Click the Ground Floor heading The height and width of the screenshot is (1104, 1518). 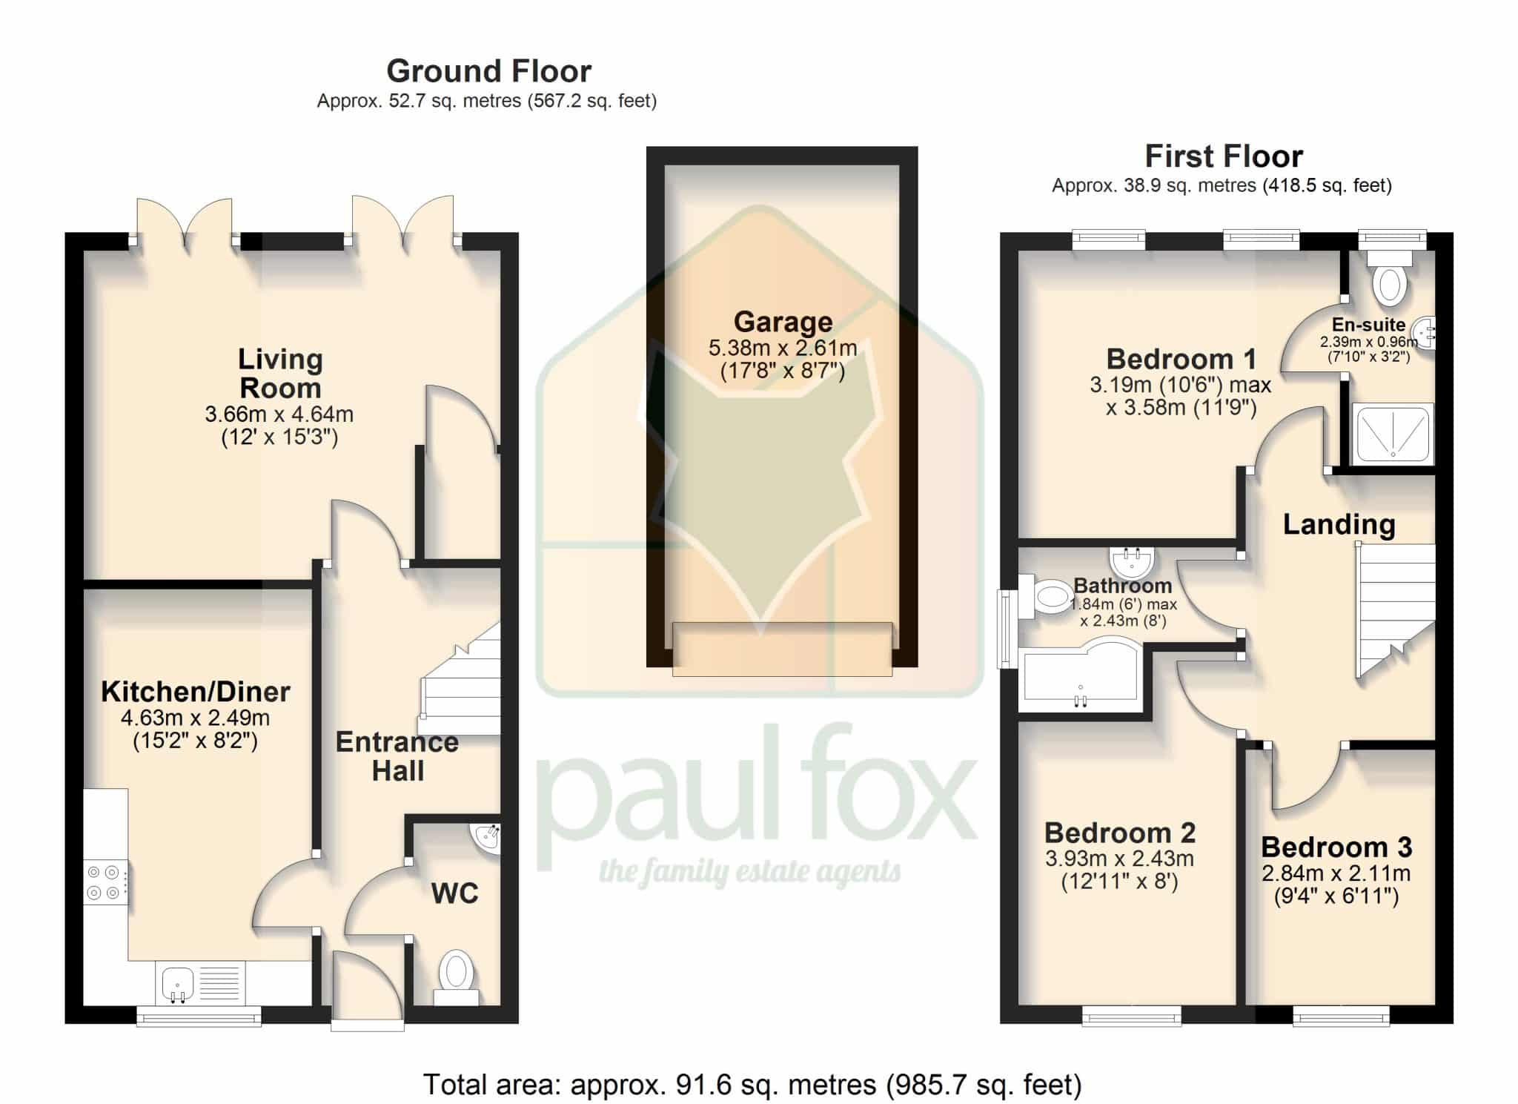(x=488, y=71)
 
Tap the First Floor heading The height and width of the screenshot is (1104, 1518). (x=1223, y=156)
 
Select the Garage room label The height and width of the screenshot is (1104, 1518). (x=783, y=322)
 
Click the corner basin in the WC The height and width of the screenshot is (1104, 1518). (x=487, y=839)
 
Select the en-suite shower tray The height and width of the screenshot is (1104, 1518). (x=1393, y=434)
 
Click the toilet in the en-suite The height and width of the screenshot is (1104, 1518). (x=1390, y=278)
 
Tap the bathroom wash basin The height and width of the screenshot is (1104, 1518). (x=1130, y=562)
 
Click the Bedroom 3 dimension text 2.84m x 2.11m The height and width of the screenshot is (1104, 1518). (x=1336, y=873)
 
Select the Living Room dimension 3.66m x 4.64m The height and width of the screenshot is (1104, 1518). (x=279, y=414)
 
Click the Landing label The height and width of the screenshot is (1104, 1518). (x=1339, y=525)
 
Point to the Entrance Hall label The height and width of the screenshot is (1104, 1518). (x=397, y=756)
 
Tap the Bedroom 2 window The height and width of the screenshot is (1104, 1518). (x=1131, y=1016)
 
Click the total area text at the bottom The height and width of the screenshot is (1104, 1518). (x=752, y=1085)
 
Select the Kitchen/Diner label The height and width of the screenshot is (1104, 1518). (x=196, y=692)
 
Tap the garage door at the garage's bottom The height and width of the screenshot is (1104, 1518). (x=782, y=649)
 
